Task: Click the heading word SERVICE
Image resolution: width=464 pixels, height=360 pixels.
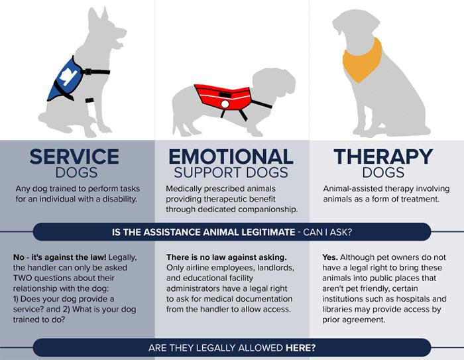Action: pyautogui.click(x=74, y=156)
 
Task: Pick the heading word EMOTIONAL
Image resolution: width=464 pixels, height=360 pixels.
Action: pyautogui.click(x=231, y=156)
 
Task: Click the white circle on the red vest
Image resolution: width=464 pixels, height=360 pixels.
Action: pyautogui.click(x=225, y=104)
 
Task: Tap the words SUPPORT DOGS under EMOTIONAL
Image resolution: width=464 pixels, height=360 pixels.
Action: pyautogui.click(x=231, y=172)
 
